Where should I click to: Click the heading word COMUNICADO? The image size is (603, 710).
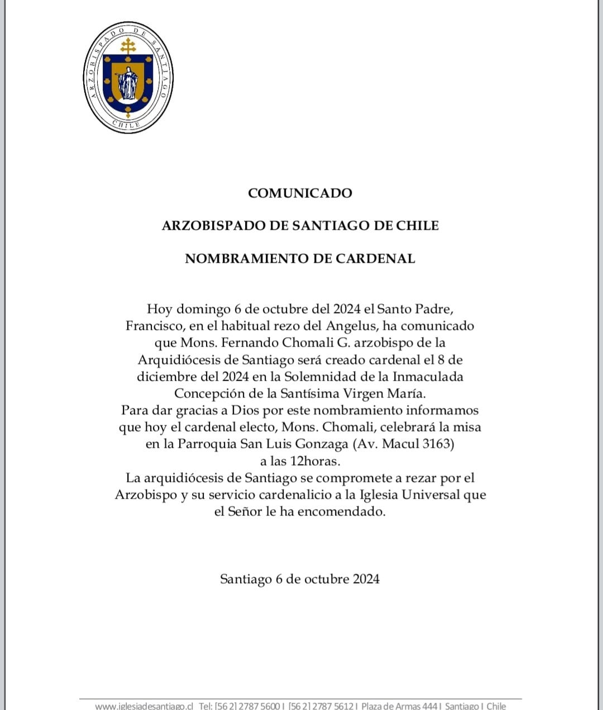coord(300,193)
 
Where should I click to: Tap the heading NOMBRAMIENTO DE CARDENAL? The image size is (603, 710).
coord(300,258)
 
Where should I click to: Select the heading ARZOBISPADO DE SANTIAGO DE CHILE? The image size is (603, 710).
coord(300,225)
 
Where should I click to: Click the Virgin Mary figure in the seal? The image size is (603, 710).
coord(128,83)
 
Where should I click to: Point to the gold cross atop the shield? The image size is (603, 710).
coord(128,46)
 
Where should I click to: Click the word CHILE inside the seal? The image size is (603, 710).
coord(126,124)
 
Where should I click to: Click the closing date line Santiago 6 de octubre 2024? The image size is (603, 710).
coord(300,579)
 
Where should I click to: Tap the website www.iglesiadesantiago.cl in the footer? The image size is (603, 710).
coord(144,706)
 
